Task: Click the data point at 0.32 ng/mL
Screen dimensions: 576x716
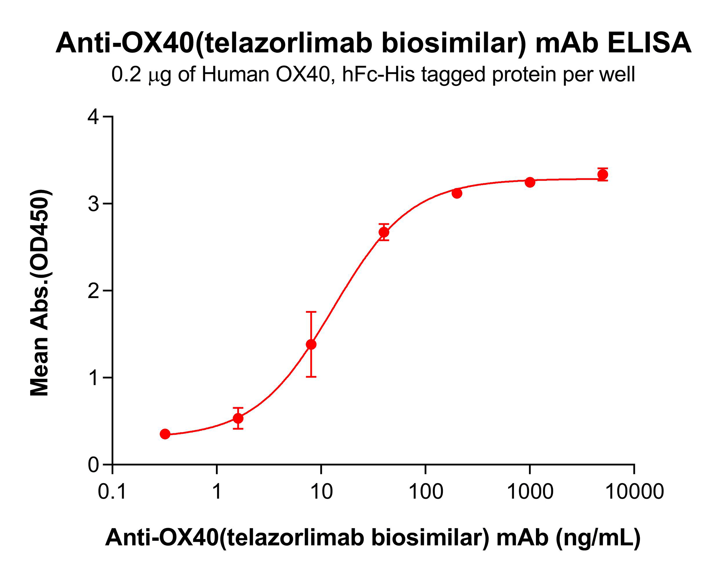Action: tap(165, 434)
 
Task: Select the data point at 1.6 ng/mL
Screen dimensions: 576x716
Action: tap(238, 418)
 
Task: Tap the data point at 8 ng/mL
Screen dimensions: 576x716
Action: tap(311, 344)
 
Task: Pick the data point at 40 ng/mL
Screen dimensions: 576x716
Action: tap(384, 232)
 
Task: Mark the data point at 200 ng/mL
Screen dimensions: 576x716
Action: tap(457, 193)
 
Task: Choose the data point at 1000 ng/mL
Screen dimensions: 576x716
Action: tap(530, 182)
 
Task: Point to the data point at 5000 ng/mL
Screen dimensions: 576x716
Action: tap(602, 175)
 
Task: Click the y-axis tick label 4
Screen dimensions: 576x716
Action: tap(94, 117)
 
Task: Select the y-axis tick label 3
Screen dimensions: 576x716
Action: tap(94, 204)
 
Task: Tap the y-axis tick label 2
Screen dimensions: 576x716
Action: tap(94, 291)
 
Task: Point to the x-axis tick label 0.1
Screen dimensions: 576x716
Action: tap(112, 492)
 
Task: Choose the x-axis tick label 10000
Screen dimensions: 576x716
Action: tap(634, 492)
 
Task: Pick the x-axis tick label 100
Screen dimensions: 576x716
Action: tap(425, 492)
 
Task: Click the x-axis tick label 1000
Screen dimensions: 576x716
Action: tap(530, 492)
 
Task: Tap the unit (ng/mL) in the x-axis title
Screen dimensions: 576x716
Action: tap(598, 537)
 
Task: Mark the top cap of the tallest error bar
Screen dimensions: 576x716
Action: tap(311, 312)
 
